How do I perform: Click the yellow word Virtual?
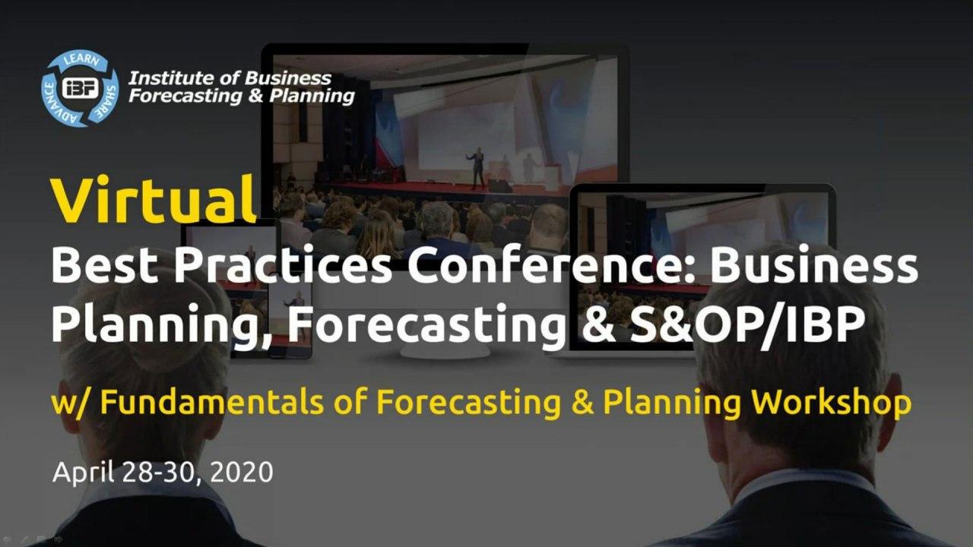click(154, 200)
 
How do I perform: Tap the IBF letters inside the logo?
click(81, 88)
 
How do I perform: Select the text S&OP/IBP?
click(746, 324)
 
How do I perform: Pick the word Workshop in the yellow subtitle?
click(832, 402)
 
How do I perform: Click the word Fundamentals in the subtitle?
click(212, 402)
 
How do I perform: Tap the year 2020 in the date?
click(242, 473)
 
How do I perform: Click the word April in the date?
click(84, 473)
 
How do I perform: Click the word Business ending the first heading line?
click(814, 266)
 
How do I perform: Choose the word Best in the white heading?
click(104, 266)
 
